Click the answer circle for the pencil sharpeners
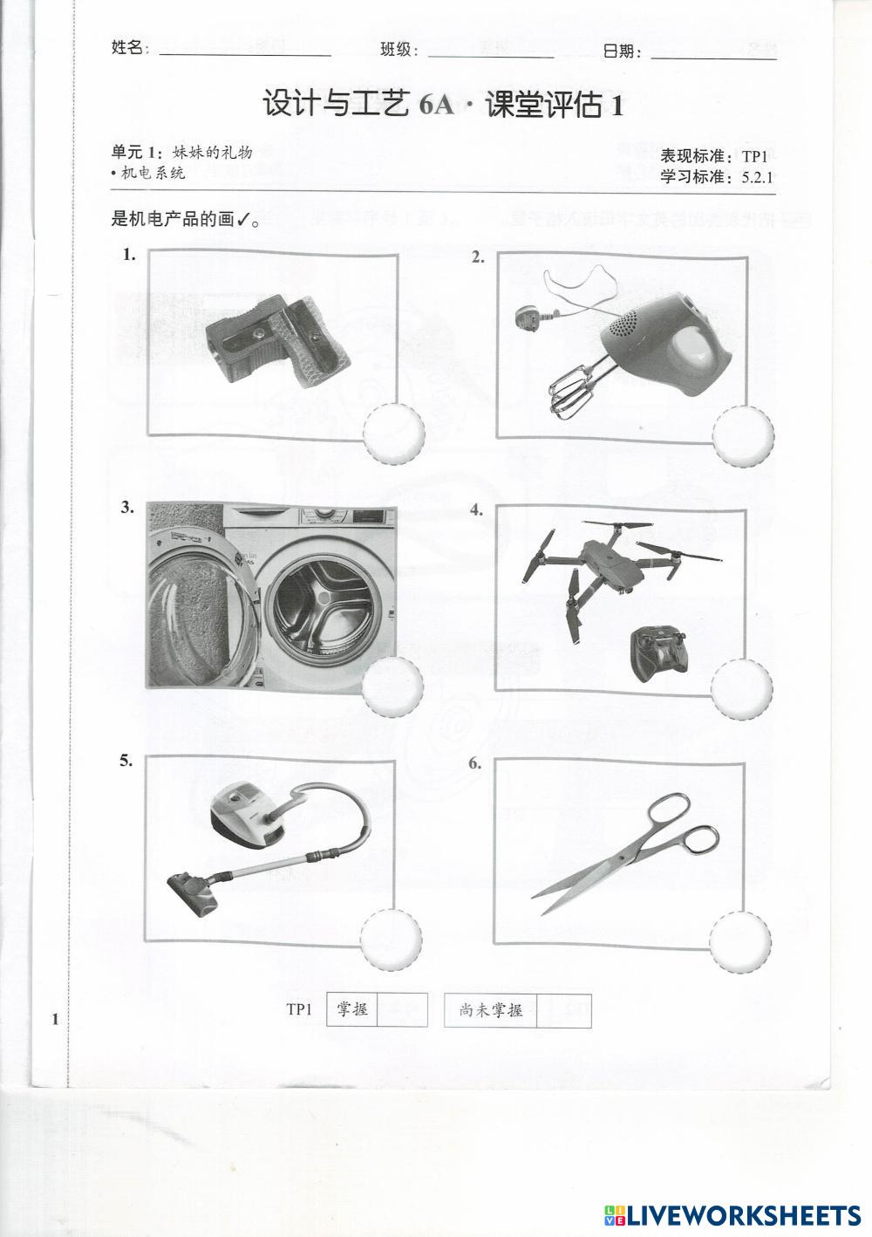pos(393,434)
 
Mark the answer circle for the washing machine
pos(392,686)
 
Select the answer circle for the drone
pos(741,689)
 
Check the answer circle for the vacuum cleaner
pos(392,940)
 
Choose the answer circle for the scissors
pos(740,941)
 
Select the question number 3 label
pos(127,508)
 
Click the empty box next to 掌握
pos(402,1009)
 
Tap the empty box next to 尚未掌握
pos(563,1010)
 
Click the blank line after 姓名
pos(245,55)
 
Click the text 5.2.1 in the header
pos(757,177)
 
